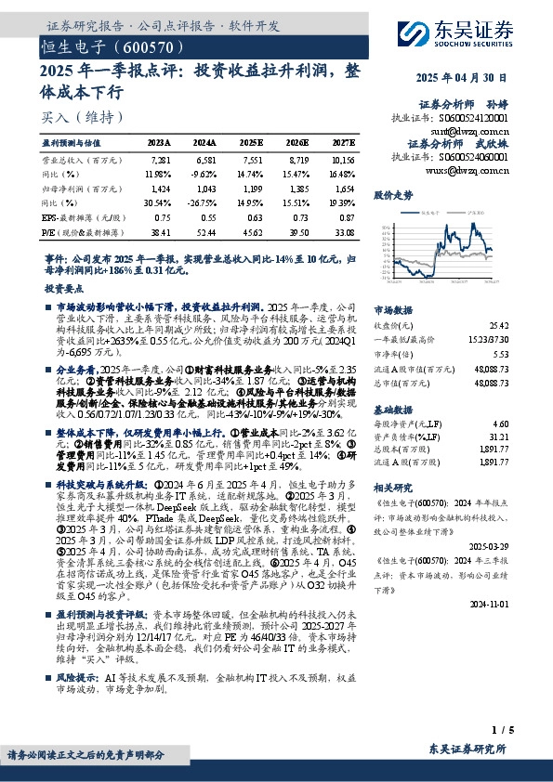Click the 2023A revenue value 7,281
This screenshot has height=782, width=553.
160,161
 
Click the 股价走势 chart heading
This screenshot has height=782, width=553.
392,196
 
